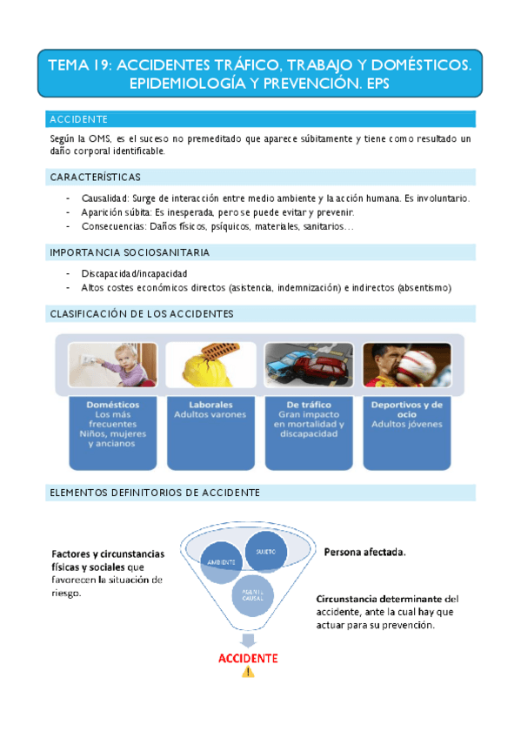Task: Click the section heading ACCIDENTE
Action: pos(78,119)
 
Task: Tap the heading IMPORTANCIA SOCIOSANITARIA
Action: pos(130,252)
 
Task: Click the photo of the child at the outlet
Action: pos(113,366)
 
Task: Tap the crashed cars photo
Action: pos(309,366)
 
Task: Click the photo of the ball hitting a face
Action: pos(406,366)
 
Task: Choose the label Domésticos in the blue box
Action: pos(113,405)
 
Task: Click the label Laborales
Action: pos(210,405)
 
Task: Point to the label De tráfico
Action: pos(309,405)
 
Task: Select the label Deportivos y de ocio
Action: pos(406,409)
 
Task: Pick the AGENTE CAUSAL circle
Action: pos(253,596)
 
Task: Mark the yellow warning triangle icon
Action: pos(248,672)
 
